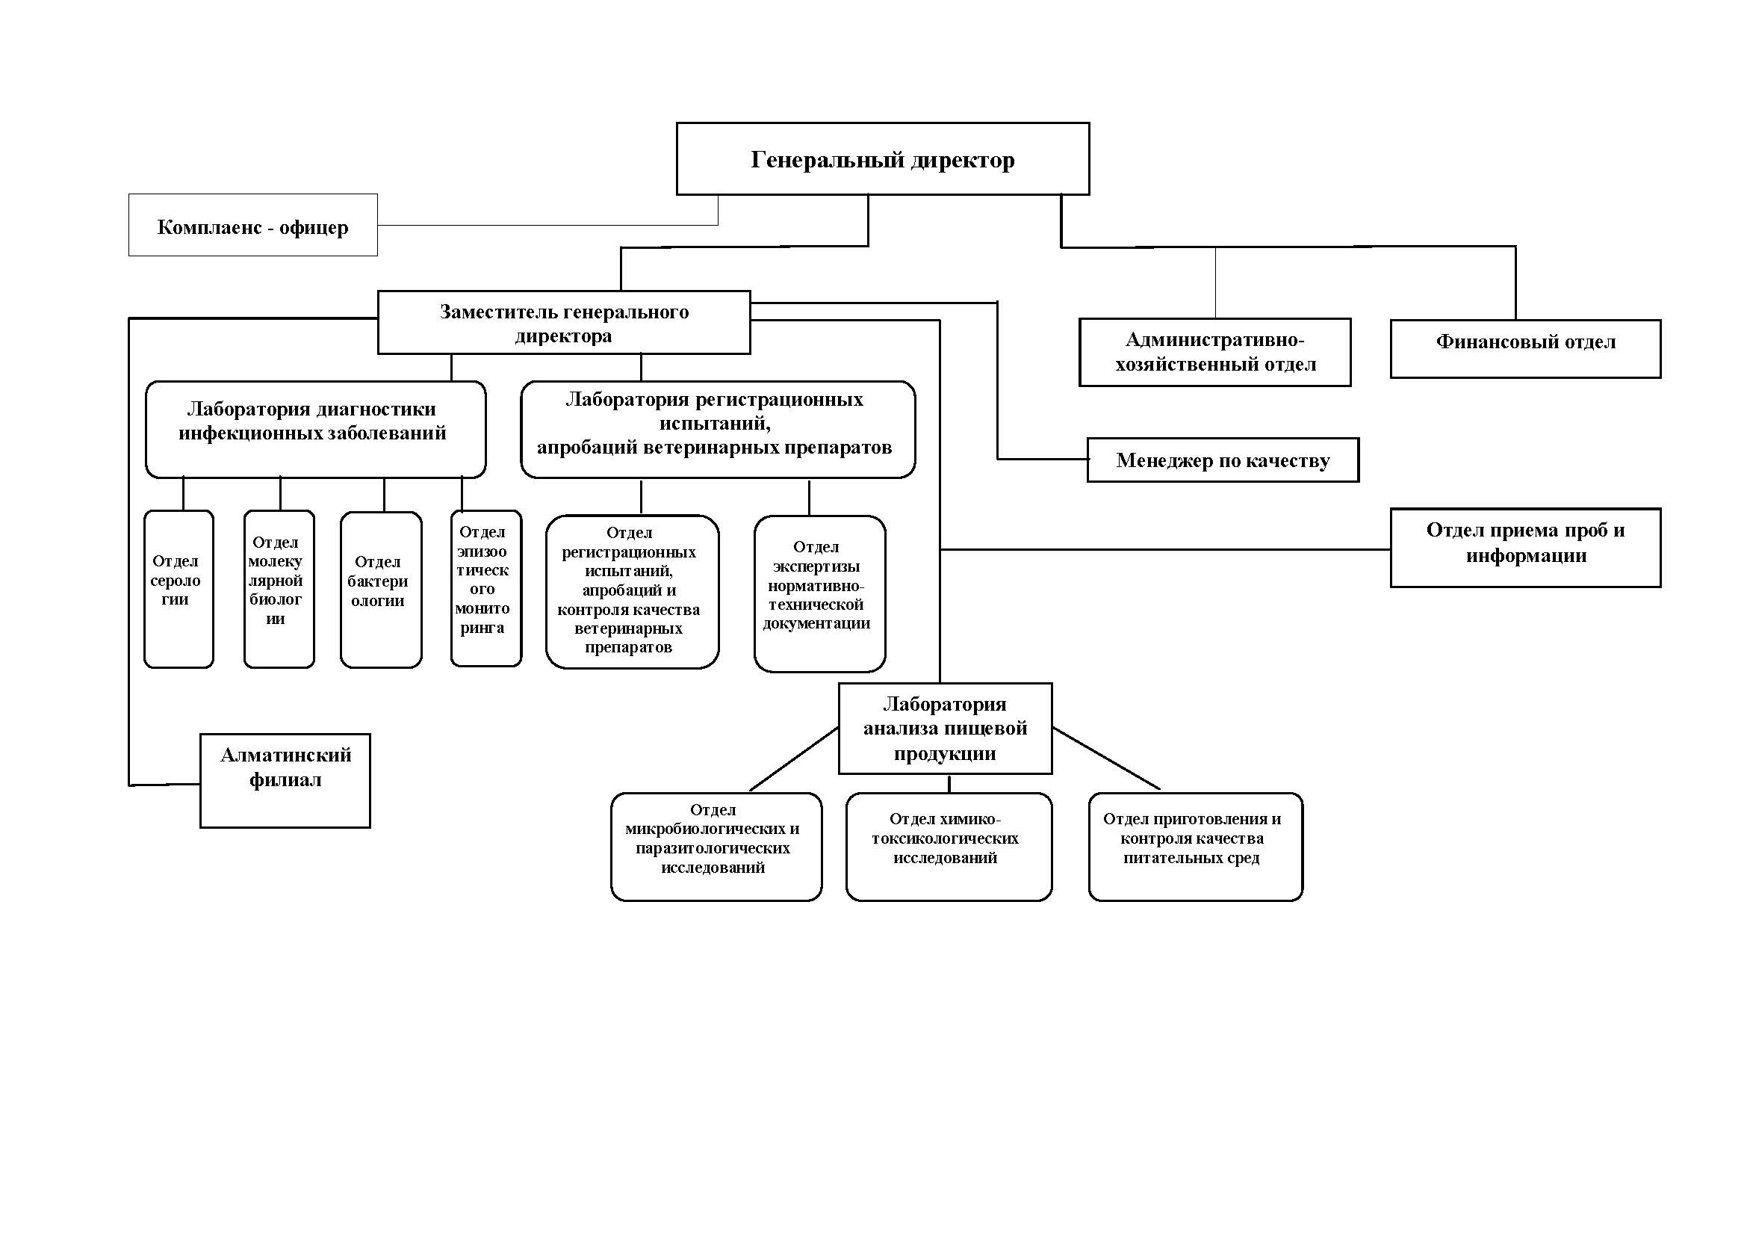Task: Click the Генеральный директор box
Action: [883, 158]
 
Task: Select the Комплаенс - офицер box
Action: [252, 224]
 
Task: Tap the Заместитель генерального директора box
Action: [564, 322]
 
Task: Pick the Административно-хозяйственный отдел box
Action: [1215, 352]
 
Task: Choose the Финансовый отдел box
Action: [1526, 348]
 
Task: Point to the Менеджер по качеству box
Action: [1223, 460]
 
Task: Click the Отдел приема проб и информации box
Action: [1526, 547]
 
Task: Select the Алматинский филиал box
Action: [285, 780]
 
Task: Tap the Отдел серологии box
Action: [179, 589]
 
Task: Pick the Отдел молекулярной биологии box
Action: [279, 589]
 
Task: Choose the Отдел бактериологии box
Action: [381, 590]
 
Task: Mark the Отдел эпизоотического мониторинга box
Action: [486, 588]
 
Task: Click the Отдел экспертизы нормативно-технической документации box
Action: [819, 593]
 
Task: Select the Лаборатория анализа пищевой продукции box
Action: [945, 729]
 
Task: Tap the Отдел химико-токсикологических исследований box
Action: [949, 847]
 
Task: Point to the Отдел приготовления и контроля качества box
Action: [1195, 847]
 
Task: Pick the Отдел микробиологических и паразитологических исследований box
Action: [716, 847]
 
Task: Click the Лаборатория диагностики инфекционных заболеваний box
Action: [316, 429]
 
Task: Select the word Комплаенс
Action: [210, 227]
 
